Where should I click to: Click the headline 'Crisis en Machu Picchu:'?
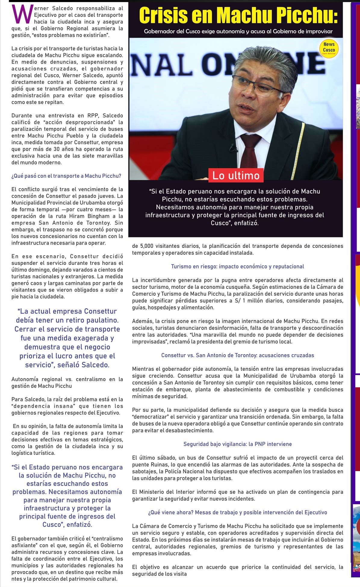(x=238, y=16)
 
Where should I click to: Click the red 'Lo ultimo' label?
(x=236, y=175)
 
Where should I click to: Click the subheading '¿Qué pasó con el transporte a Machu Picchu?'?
(x=66, y=176)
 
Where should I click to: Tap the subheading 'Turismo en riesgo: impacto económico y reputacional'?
(x=237, y=266)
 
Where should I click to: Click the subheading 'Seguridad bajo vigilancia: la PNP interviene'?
(x=237, y=444)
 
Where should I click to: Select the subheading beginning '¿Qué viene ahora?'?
(x=237, y=512)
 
